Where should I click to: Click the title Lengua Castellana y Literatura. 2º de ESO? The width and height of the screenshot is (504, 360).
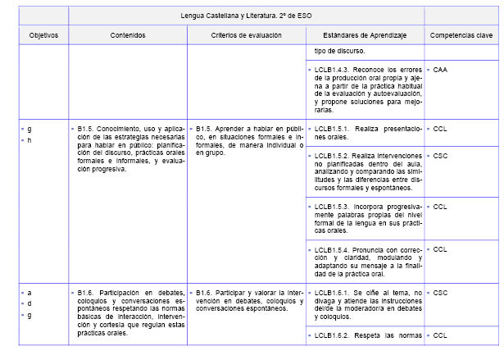click(246, 16)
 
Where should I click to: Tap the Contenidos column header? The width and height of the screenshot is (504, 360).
click(128, 36)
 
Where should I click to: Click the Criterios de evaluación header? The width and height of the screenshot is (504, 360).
click(246, 36)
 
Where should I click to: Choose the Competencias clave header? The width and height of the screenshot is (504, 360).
click(461, 36)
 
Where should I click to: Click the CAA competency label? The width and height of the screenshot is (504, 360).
click(440, 71)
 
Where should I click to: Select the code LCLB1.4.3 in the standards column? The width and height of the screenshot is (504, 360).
click(333, 71)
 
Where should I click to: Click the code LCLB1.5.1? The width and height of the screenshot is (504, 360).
click(333, 129)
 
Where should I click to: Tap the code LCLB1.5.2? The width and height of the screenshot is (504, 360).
click(333, 155)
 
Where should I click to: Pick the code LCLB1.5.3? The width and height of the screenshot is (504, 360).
click(333, 206)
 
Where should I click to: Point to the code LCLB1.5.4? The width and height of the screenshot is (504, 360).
click(333, 249)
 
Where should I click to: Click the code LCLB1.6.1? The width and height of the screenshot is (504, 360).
click(333, 292)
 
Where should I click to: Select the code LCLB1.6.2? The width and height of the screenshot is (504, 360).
click(333, 335)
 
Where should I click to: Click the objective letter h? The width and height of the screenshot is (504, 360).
click(30, 141)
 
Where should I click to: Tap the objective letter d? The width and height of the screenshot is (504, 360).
click(30, 304)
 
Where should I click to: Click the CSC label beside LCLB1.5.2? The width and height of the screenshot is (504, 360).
click(440, 155)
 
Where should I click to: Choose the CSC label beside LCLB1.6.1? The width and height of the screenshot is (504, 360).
click(440, 292)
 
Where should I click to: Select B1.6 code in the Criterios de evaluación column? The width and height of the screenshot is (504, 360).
click(207, 292)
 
